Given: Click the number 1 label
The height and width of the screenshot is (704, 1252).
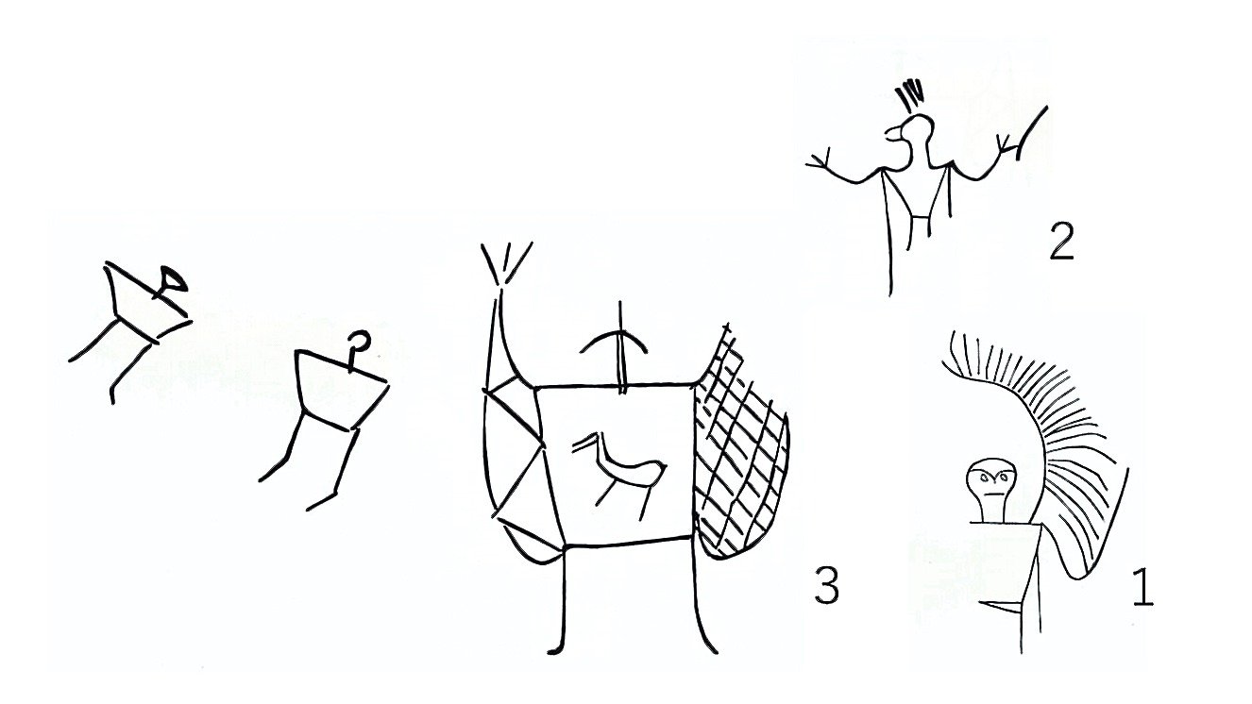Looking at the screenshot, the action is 1142,587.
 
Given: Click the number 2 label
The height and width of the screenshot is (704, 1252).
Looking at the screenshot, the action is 1061,242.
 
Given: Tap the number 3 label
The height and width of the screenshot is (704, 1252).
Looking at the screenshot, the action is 827,585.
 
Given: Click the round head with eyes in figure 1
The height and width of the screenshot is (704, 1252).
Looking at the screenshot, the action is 990,481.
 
